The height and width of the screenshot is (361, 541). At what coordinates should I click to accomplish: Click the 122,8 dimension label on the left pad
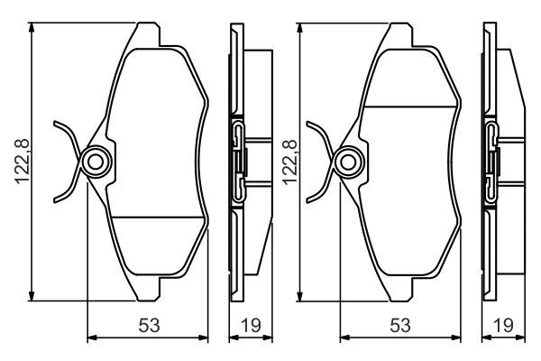22,162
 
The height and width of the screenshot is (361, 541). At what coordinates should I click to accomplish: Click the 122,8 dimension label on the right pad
289,162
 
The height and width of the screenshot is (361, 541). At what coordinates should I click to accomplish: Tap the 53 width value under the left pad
149,326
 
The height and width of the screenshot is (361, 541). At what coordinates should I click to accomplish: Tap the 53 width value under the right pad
400,326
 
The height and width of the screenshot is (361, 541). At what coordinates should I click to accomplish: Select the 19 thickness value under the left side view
252,326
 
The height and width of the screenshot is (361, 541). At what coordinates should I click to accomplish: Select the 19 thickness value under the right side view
503,326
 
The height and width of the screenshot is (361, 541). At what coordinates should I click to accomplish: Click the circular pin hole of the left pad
96,162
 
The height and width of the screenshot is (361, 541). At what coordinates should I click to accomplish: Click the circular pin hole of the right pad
348,162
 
